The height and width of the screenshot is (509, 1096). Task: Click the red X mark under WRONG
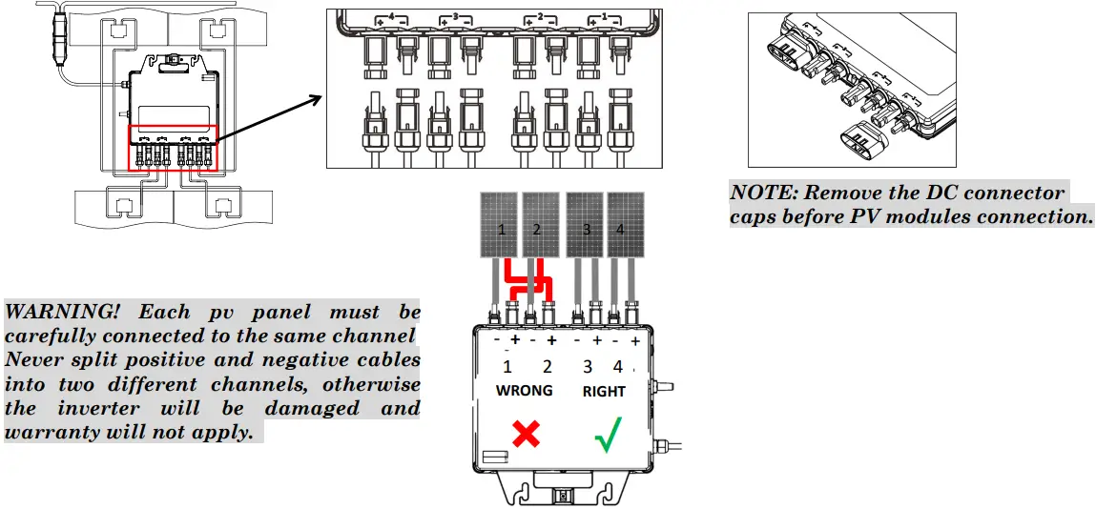pyautogui.click(x=526, y=435)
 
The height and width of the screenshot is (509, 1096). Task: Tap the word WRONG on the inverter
pyautogui.click(x=524, y=391)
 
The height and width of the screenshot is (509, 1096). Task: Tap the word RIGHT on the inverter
pyautogui.click(x=604, y=391)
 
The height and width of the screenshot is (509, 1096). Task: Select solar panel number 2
pyautogui.click(x=540, y=225)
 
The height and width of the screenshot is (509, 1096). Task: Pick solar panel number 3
pyautogui.click(x=585, y=225)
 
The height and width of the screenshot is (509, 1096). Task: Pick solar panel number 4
pyautogui.click(x=626, y=225)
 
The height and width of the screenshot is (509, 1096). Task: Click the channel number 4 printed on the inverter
pyautogui.click(x=618, y=367)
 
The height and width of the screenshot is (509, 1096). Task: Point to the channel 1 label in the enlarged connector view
pyautogui.click(x=598, y=18)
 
